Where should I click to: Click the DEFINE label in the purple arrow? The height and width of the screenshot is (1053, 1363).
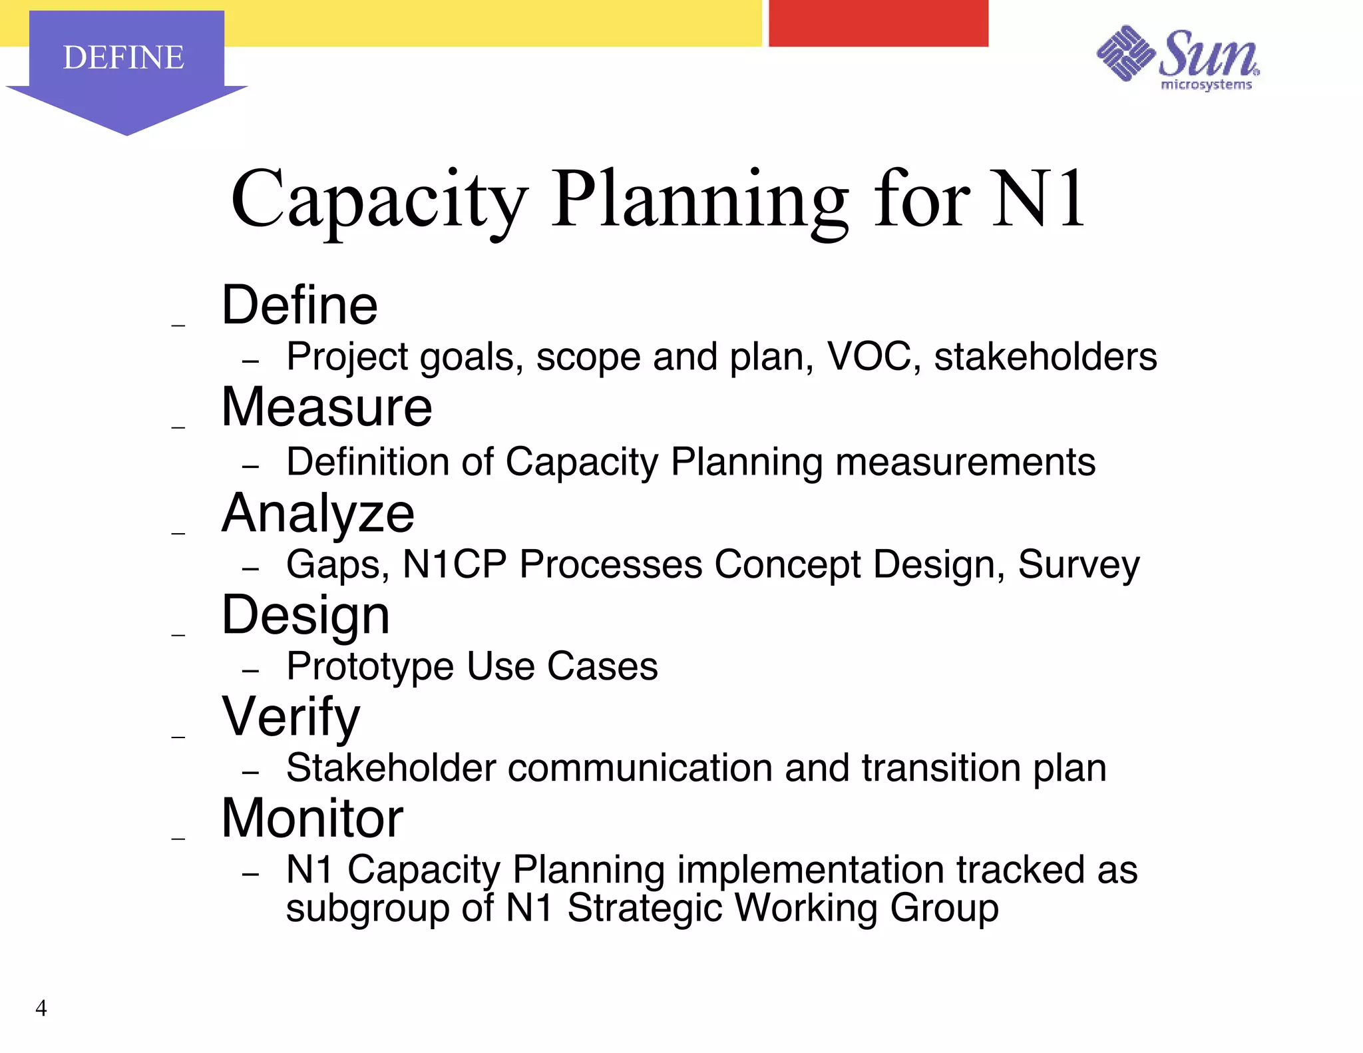tap(123, 57)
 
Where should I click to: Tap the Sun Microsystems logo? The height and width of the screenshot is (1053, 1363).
tap(1178, 59)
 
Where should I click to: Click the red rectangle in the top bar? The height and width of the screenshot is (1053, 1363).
tap(878, 23)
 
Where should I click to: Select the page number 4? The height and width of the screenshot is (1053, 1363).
tap(41, 1008)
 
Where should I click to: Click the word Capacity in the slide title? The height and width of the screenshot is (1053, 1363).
tap(379, 200)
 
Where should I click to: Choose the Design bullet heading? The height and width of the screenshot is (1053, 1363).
tap(305, 615)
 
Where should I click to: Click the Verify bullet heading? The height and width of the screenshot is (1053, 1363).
tap(291, 717)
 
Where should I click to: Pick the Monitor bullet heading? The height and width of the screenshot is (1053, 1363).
tap(312, 818)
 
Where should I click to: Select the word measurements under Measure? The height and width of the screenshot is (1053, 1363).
tap(965, 461)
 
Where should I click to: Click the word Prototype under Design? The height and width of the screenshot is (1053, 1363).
tap(370, 666)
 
